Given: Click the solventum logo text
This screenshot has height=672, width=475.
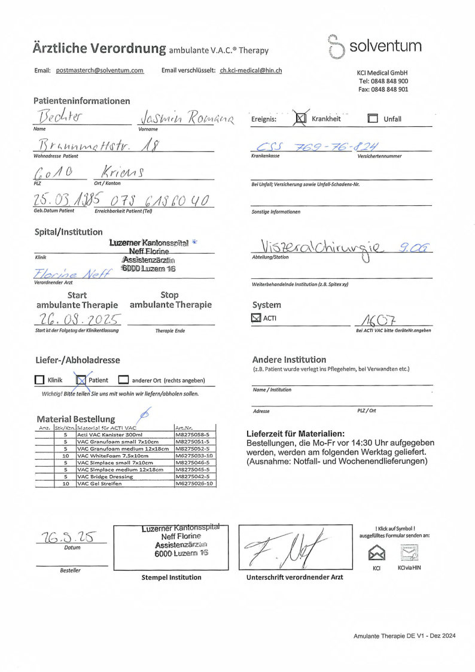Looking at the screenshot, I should pos(385,46).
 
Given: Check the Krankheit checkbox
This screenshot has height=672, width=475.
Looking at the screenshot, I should pos(302,118).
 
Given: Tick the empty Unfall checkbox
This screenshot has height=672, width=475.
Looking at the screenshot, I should pos(373,118).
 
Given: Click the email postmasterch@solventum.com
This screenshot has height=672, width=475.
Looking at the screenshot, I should pos(100,71).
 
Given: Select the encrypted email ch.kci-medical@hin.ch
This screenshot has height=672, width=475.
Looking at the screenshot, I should pos(251,71).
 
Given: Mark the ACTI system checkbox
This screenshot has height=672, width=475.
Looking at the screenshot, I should pos(257,318).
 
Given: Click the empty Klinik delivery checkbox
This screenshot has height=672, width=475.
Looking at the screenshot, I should pos(40,380).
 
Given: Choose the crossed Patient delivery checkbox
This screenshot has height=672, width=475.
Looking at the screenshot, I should pos(82,379).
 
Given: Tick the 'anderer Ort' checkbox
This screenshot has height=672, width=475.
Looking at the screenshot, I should pos(123,380).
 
